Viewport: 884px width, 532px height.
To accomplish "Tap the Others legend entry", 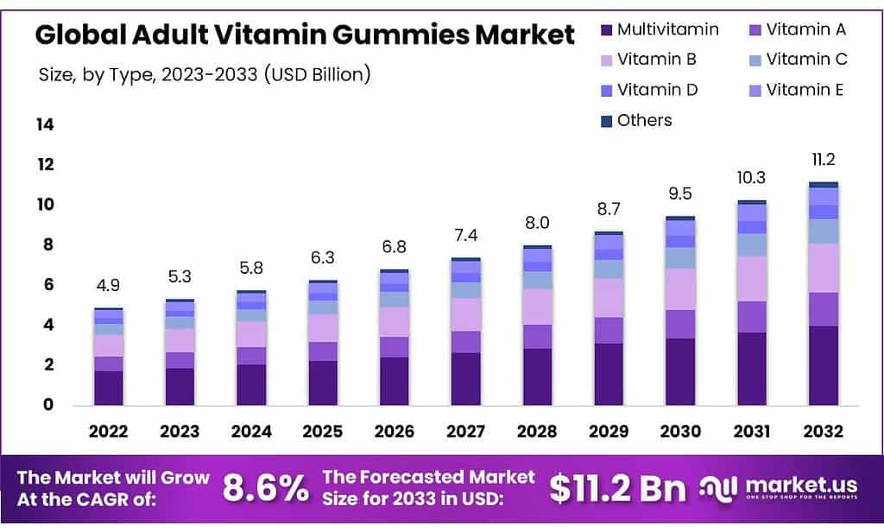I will pos(644,120).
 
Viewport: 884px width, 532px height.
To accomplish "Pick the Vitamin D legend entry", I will pos(657,90).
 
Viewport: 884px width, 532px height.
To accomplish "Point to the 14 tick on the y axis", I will pos(44,124).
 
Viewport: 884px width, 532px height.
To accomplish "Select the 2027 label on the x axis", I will pos(466,431).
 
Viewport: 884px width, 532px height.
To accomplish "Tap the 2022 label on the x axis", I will pos(108,431).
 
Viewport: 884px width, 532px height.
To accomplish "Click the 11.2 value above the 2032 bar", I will pos(824,160).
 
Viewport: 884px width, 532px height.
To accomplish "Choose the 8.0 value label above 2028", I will pos(538,223).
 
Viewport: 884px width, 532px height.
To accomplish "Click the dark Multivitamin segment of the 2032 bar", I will pos(824,364).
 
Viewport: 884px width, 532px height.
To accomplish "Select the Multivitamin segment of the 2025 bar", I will pos(323,383).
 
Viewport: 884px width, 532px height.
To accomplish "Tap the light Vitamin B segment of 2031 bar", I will pos(752,278).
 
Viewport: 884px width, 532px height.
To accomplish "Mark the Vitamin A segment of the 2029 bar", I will pos(609,330).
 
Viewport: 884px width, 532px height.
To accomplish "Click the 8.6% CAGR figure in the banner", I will pos(265,488).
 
